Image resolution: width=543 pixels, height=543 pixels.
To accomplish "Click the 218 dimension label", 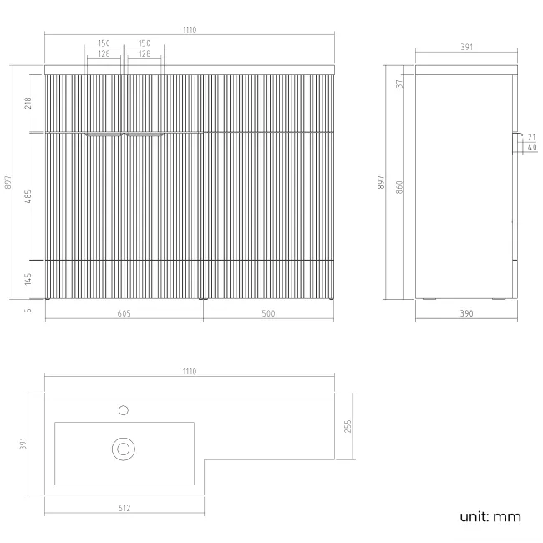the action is [28, 104].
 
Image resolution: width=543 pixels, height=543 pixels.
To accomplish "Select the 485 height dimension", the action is [28, 196].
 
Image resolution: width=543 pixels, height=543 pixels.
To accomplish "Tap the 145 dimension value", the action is [28, 279].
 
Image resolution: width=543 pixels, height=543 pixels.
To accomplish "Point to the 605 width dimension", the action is [124, 313].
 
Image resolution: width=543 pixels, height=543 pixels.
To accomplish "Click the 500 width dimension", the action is [268, 313].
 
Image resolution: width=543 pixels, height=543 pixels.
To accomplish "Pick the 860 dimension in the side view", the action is [399, 187].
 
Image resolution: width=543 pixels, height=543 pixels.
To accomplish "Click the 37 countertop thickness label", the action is [399, 84].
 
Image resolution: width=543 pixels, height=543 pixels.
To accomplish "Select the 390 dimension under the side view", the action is [466, 313].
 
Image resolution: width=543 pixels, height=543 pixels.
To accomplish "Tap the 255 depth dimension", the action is [348, 426].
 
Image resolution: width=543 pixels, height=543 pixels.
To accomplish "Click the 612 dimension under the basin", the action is [124, 508].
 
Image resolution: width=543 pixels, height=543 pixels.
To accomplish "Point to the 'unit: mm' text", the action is [490, 516].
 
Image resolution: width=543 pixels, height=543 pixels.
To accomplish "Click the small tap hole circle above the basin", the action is [124, 410].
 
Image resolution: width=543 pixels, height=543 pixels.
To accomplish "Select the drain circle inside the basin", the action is [124, 449].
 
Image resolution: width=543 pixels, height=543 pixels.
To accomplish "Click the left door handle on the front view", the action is [104, 134].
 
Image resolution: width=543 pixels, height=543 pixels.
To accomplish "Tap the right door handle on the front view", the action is [145, 134].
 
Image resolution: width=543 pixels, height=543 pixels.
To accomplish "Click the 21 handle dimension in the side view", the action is [531, 137].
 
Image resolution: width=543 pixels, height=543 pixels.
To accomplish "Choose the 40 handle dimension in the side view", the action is [532, 147].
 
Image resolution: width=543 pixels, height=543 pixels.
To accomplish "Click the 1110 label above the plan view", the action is [190, 372].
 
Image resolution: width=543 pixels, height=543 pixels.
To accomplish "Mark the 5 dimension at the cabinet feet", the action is [28, 311].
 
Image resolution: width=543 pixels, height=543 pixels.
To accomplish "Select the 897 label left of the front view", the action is [8, 182].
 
